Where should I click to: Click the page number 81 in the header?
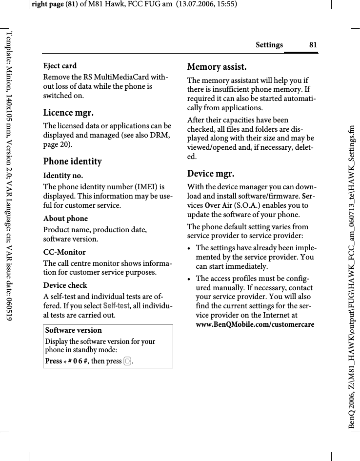(313, 45)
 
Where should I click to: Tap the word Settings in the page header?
(269, 45)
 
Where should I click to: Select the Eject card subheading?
(60, 65)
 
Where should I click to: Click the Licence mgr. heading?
(68, 113)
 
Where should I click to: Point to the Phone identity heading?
(73, 161)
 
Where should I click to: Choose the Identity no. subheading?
(63, 175)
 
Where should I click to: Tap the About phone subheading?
(66, 218)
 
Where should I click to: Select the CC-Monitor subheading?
(64, 252)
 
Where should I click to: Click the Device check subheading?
(65, 285)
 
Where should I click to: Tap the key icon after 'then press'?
(127, 361)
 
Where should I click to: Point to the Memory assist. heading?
(217, 66)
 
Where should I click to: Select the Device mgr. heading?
(211, 173)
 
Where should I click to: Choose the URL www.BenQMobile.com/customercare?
(255, 324)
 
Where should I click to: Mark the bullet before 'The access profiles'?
(190, 279)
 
